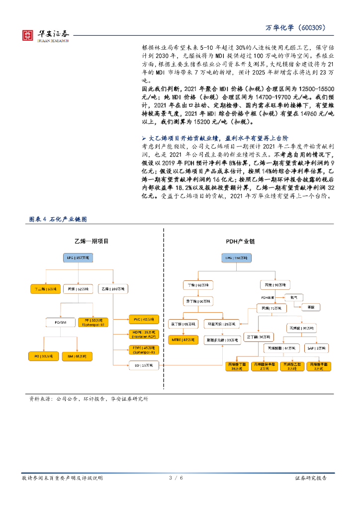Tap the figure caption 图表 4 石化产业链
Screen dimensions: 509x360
click(59, 219)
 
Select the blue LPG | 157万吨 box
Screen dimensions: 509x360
click(78, 258)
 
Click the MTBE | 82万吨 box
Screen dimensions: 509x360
click(183, 339)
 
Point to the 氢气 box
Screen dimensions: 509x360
click(292, 297)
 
